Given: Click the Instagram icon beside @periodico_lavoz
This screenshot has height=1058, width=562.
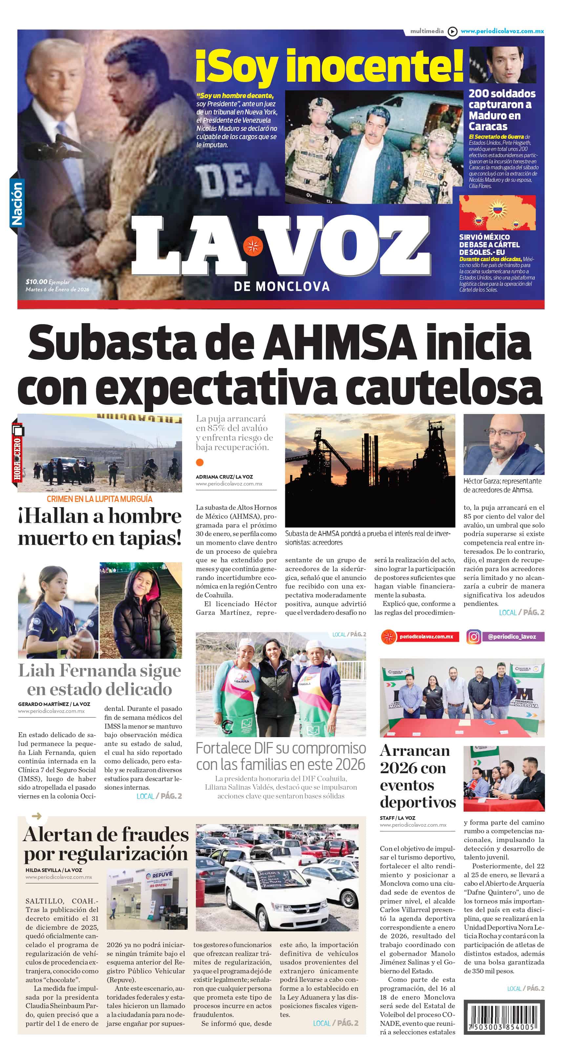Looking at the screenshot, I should click(x=473, y=637).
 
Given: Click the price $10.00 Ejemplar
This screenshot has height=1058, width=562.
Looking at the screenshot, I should click(x=47, y=282).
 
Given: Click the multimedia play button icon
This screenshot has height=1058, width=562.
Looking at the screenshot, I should click(x=452, y=31).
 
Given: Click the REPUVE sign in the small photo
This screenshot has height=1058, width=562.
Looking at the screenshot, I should click(x=162, y=875).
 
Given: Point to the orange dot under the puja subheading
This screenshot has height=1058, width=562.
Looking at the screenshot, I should click(x=200, y=463).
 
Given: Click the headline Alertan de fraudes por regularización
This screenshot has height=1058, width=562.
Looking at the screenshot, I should click(x=106, y=844).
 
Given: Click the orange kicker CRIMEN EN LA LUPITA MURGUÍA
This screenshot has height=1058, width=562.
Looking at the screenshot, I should click(x=99, y=499).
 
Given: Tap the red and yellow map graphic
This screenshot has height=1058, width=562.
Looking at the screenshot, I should click(x=497, y=213).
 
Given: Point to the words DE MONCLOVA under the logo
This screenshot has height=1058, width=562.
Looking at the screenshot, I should click(x=281, y=286).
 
